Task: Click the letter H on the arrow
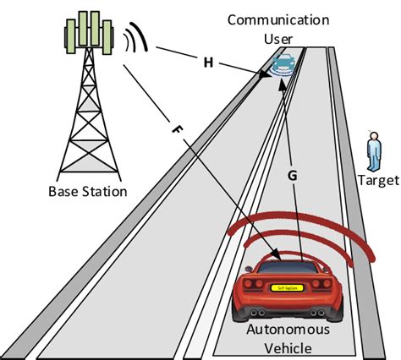(x=208, y=62)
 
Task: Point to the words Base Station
(x=87, y=192)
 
